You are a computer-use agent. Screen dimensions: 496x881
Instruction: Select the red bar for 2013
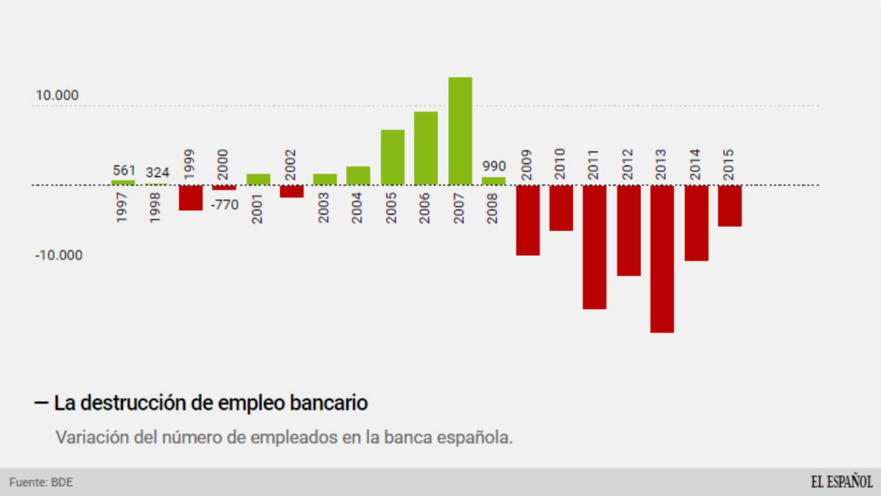[x=662, y=258]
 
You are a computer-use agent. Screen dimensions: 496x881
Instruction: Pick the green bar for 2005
[x=392, y=157]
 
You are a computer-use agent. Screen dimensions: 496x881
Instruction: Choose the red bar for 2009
[x=528, y=220]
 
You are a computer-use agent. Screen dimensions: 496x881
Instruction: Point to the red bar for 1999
[x=191, y=197]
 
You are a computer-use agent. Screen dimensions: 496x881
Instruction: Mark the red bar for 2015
[x=730, y=206]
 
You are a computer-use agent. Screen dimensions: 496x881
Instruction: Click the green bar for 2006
[x=426, y=148]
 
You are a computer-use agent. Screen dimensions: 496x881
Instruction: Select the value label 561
[x=124, y=171]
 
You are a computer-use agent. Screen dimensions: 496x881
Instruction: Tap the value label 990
[x=494, y=166]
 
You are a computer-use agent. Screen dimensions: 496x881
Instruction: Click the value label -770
[x=225, y=205]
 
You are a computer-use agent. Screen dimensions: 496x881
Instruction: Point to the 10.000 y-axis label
[x=57, y=96]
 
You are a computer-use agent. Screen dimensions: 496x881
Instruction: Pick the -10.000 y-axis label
[x=58, y=255]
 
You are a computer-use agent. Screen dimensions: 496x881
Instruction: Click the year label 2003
[x=323, y=208]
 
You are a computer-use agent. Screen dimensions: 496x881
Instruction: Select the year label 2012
[x=627, y=164]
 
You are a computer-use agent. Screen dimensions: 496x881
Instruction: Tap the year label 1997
[x=122, y=208]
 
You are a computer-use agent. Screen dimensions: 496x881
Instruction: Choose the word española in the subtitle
[x=475, y=438]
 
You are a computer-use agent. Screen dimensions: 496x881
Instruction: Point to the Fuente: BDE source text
[x=41, y=483]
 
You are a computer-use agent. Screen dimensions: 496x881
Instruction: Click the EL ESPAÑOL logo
[x=841, y=482]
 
